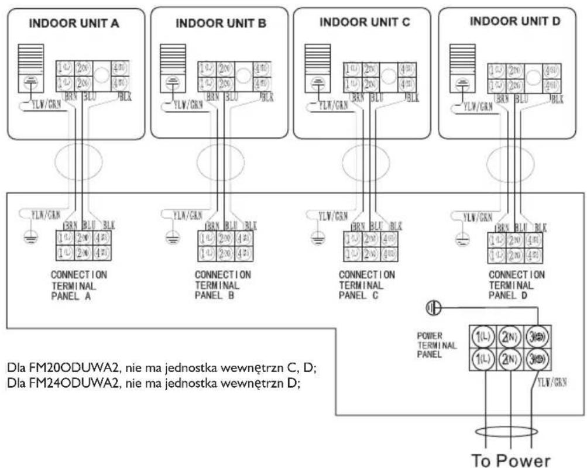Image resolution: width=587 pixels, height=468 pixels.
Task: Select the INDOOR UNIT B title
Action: tap(221, 23)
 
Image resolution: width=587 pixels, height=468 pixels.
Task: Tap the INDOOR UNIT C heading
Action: tap(365, 22)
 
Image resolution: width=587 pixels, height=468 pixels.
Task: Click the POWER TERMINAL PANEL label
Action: tap(434, 346)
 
